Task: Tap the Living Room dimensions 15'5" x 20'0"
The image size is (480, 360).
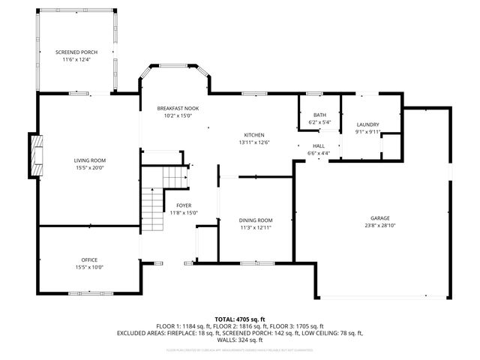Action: coord(89,167)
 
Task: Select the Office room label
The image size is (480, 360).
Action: coord(89,259)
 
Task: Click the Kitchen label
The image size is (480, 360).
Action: coord(253,135)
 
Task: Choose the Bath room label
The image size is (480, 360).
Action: coord(319,115)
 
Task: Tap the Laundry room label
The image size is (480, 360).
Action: coord(367,124)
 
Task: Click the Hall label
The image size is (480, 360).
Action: coord(319,146)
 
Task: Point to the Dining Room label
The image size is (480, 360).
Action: coord(255,220)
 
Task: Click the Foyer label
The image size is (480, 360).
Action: coord(183,205)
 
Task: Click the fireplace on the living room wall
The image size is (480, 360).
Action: coord(34,155)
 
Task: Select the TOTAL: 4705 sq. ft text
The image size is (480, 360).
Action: coord(240,319)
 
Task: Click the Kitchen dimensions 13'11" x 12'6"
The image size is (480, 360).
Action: coord(253,142)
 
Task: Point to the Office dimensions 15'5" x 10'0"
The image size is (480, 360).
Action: coord(89,267)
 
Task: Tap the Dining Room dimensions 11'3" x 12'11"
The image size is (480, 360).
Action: coord(255,227)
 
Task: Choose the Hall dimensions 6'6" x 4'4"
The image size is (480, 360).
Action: coord(319,153)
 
